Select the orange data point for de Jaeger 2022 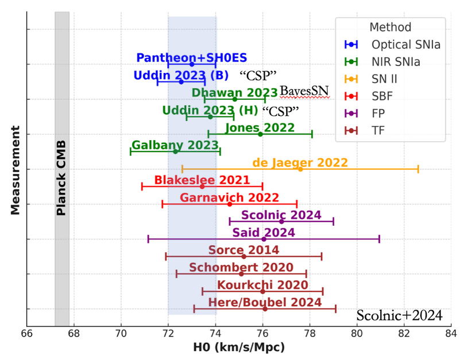coord(300,169)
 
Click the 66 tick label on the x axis coord(27,332)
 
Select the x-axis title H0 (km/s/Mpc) coord(238,348)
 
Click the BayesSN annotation coord(304,92)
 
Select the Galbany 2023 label coord(167,145)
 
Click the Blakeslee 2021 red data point coord(202,186)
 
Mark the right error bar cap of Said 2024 coord(379,239)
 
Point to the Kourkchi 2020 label coord(255,285)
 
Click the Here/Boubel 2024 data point coord(265,309)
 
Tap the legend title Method coord(390,27)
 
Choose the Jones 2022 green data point coord(260,134)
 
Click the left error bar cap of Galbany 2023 coord(131,152)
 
